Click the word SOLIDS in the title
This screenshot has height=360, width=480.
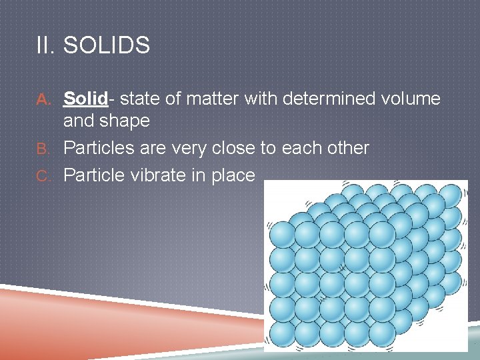(x=107, y=45)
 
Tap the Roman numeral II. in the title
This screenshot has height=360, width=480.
(x=45, y=45)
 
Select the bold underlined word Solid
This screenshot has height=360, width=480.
(x=86, y=98)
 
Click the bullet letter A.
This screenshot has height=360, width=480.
(x=43, y=99)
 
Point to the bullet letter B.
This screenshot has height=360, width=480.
(x=43, y=149)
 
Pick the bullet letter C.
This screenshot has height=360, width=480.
(x=43, y=176)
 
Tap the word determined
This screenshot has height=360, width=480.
(x=329, y=98)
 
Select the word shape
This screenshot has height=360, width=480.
(x=124, y=121)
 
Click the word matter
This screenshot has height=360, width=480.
(x=212, y=99)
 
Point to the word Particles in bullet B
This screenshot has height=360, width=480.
(x=99, y=147)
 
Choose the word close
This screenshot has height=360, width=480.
(x=233, y=147)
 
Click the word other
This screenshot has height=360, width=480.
(x=348, y=147)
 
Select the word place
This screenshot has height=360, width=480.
(x=233, y=176)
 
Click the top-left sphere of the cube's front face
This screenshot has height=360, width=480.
(x=282, y=235)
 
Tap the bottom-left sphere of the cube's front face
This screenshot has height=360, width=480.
(x=282, y=334)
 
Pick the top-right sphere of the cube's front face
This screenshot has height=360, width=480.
(x=382, y=235)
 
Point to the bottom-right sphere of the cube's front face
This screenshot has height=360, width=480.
(x=382, y=334)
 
